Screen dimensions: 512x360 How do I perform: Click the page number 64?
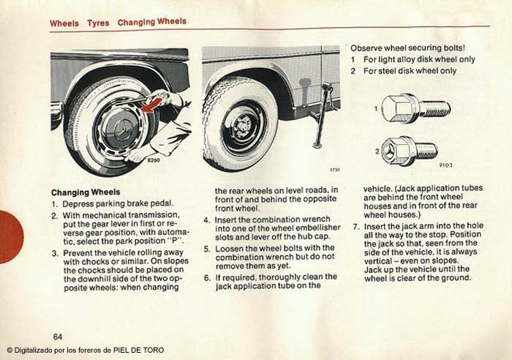[x=58, y=337]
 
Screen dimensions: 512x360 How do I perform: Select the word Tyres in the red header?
[x=98, y=23]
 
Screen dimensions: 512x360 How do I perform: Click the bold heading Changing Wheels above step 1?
[x=86, y=192]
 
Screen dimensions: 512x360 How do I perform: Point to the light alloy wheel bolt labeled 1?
[x=416, y=108]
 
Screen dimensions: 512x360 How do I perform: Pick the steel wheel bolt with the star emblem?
[x=410, y=151]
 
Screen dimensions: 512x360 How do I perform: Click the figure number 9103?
[x=445, y=165]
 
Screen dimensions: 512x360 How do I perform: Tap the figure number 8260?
[x=154, y=160]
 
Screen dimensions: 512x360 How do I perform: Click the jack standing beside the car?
[x=322, y=114]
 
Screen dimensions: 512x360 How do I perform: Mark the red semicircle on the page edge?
[x=11, y=237]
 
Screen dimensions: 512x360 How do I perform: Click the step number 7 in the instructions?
[x=356, y=226]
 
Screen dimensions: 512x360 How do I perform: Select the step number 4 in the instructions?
[x=207, y=220]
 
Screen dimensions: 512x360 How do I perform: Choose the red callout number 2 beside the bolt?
[x=377, y=151]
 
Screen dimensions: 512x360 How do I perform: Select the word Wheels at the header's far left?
[x=64, y=23]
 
